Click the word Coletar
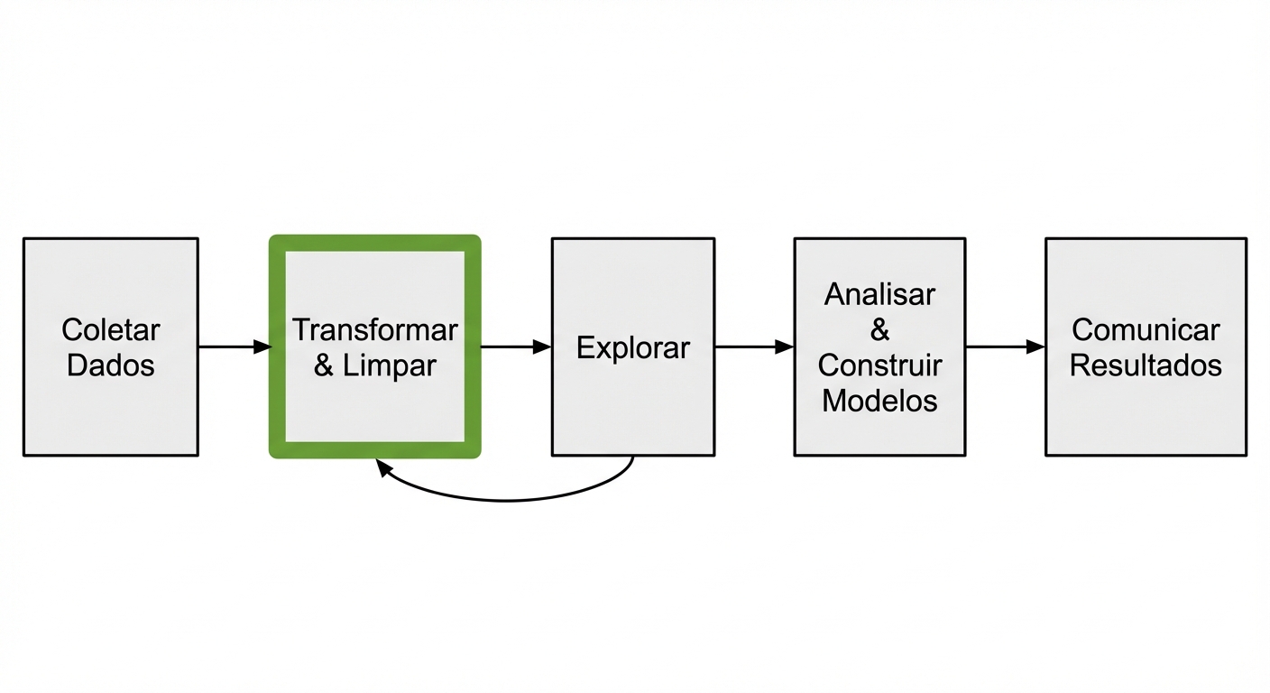(x=110, y=330)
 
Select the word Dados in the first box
(x=110, y=365)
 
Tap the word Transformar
(x=374, y=330)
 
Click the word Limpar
(x=390, y=365)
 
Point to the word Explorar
(x=632, y=347)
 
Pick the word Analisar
(x=879, y=294)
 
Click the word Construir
(x=879, y=365)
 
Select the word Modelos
(x=879, y=401)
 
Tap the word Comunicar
(x=1146, y=330)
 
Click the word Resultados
(x=1146, y=365)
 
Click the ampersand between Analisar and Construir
(x=879, y=330)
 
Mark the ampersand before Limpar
(x=324, y=366)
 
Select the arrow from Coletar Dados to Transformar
(x=233, y=346)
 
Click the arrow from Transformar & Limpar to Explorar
(x=514, y=346)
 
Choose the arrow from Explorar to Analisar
(x=753, y=346)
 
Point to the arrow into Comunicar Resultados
(x=1004, y=346)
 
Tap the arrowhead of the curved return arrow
(x=382, y=467)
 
